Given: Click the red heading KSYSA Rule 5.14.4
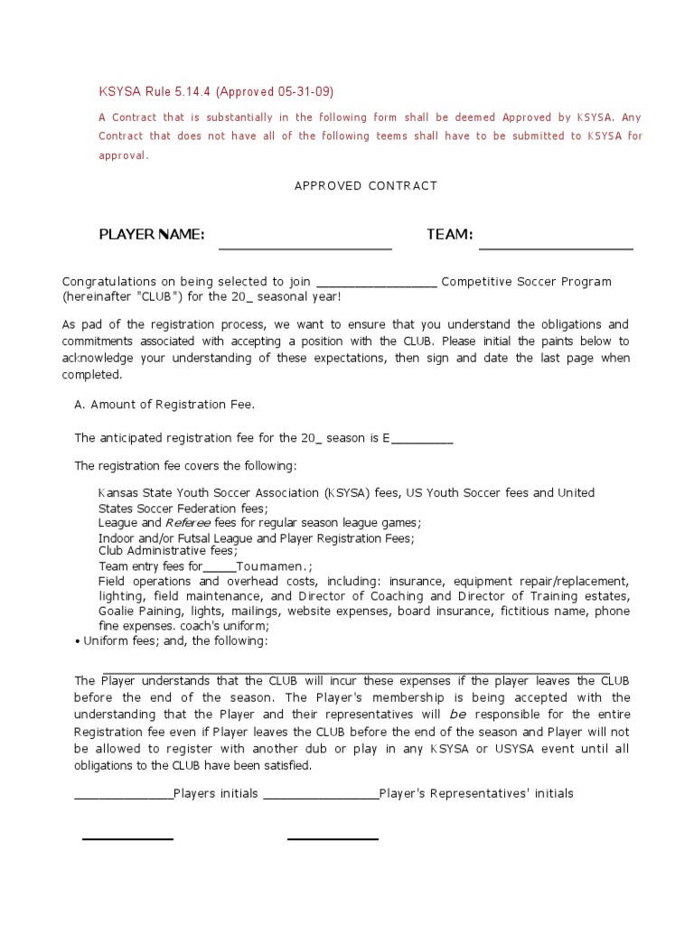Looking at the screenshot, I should pos(155,92).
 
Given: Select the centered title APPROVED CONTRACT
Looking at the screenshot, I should pos(366,186).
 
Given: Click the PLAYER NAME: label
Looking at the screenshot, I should pos(152,235).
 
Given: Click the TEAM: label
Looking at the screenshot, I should pos(450,235).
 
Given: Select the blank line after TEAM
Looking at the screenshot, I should pos(556,246).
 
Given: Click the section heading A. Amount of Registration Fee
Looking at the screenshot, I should pos(164,405).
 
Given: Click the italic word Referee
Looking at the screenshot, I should pos(188,523).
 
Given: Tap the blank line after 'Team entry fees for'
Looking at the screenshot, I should pos(220,569).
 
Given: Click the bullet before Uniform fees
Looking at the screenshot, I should pos(78,641).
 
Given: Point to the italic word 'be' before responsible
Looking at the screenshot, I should pos(458,715).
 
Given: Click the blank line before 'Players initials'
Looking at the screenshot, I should pos(124,798).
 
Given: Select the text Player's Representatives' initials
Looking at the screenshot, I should pos(476,794).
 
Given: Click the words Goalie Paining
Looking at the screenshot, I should pos(136,612).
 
